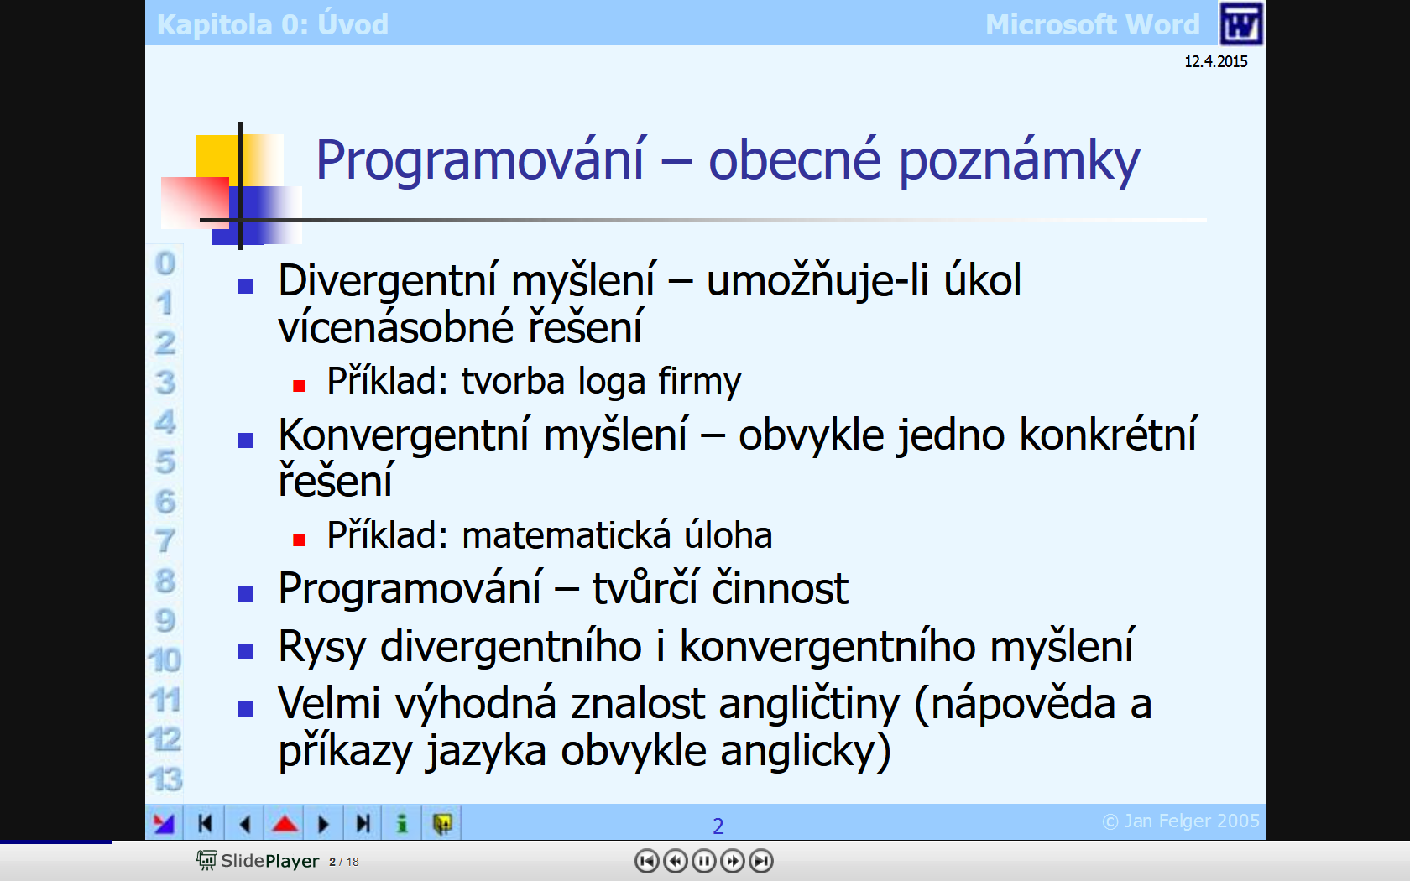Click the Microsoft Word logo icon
[x=1240, y=23]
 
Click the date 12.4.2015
[x=1215, y=62]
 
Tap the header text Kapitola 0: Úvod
[x=273, y=24]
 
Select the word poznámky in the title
[x=1019, y=161]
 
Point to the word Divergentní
[x=387, y=280]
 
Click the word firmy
[x=699, y=381]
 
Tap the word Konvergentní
[x=404, y=435]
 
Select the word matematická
[x=567, y=535]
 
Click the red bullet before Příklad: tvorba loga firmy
[x=299, y=386]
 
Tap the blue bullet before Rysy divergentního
[x=245, y=651]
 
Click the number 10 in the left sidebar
[x=164, y=660]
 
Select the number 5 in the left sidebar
[x=165, y=461]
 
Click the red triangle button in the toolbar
[x=285, y=824]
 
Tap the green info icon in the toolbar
[x=402, y=824]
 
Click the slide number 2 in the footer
[x=718, y=826]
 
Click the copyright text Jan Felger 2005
[x=1181, y=821]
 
